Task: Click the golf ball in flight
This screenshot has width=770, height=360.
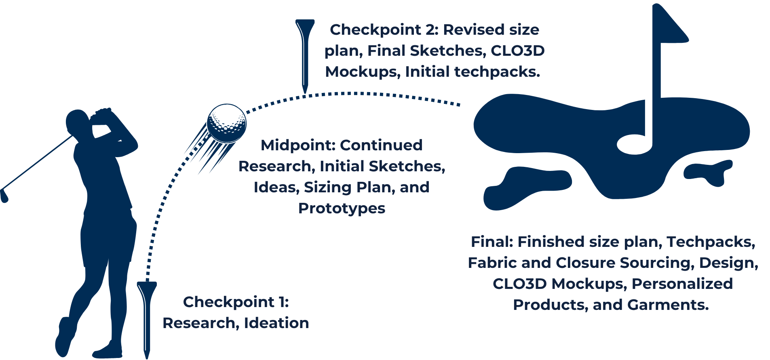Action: click(226, 124)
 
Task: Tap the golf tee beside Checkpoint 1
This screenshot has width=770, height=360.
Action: click(147, 319)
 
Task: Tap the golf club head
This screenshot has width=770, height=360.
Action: click(4, 196)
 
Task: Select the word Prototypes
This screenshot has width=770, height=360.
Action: click(342, 208)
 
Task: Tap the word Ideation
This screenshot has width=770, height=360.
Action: click(276, 323)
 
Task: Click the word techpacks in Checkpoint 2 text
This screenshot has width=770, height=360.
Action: click(497, 72)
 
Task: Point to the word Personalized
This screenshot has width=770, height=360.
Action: click(682, 284)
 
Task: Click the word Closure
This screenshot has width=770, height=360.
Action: click(586, 263)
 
